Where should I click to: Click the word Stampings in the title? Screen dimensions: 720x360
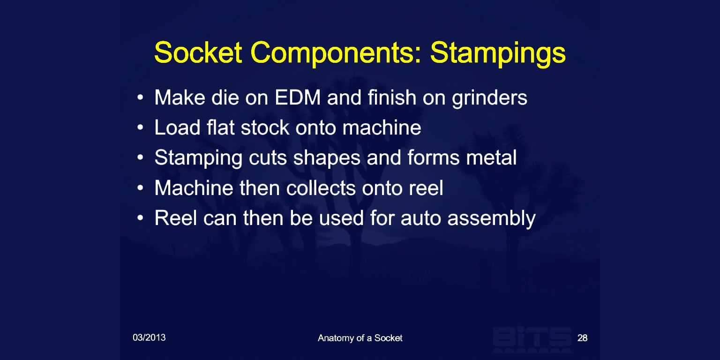coord(498,54)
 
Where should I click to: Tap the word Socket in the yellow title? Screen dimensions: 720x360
coord(198,52)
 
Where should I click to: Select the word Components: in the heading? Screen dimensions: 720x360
coord(336,54)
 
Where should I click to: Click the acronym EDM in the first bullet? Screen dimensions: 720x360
coord(298,97)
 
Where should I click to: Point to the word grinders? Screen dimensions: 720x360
coord(489,98)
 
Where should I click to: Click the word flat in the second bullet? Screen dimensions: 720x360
coord(220,127)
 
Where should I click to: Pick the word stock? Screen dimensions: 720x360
coord(265,127)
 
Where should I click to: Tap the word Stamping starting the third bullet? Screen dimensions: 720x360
coord(198,158)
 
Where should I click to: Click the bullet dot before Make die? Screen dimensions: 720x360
coord(140,97)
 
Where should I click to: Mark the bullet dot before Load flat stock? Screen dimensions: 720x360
coord(140,127)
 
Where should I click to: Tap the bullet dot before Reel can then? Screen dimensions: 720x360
coord(140,218)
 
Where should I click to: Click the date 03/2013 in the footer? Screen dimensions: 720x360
coord(149,337)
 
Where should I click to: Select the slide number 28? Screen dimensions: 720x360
coord(583,338)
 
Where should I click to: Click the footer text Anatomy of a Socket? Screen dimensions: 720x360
coord(360,338)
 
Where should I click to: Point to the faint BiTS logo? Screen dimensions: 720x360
coord(532,339)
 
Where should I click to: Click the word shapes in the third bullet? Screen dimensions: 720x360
coord(327,158)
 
